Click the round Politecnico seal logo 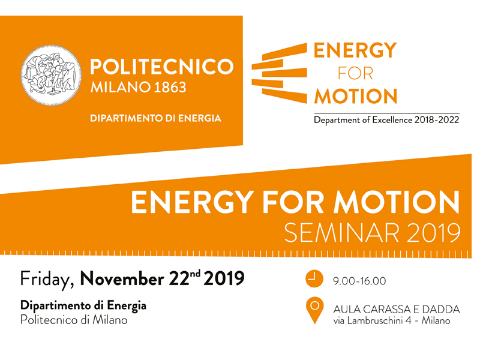tap(51, 76)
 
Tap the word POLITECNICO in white tap(162, 67)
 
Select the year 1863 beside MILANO tap(170, 87)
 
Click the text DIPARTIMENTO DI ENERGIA tap(155, 118)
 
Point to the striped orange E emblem tap(279, 73)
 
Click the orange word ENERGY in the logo tap(355, 50)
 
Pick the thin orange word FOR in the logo tap(355, 74)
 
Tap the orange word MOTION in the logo tap(356, 97)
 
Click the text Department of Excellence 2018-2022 tap(386, 119)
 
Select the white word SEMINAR tap(342, 233)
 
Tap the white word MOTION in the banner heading tap(397, 202)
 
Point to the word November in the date tap(122, 279)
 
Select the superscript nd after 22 tap(195, 274)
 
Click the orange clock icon tap(314, 279)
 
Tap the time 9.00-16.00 tap(359, 281)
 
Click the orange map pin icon tap(314, 310)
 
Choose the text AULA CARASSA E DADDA tap(397, 310)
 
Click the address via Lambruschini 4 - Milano tap(392, 321)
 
